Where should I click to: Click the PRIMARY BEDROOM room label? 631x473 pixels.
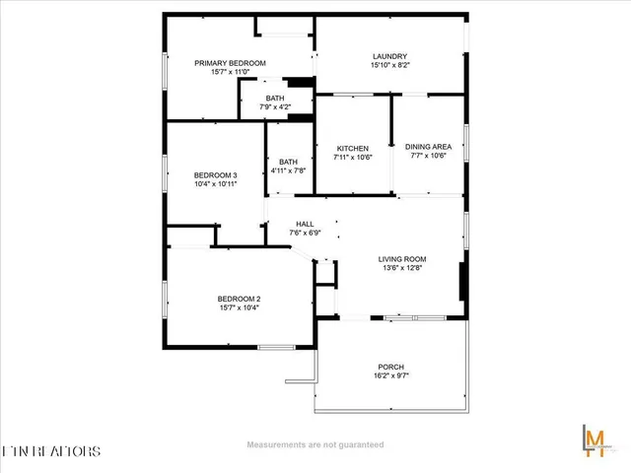[231, 63]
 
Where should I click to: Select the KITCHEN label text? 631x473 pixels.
[352, 147]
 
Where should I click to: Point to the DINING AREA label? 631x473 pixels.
[429, 147]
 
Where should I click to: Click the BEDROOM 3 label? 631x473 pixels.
[214, 174]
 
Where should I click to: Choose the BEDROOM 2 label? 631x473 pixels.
[239, 299]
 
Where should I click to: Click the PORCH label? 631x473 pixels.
[391, 366]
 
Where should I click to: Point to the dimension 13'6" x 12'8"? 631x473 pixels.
[403, 270]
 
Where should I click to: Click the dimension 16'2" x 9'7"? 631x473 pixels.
[391, 375]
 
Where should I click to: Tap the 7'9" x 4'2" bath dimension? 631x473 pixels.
[275, 106]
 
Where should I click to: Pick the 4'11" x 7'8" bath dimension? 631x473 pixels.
[289, 170]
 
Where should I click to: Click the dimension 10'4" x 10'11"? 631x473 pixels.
[214, 184]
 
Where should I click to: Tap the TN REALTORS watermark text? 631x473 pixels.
[51, 451]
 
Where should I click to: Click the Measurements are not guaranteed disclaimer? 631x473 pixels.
[315, 444]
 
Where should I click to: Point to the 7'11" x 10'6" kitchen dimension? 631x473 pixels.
[352, 157]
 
